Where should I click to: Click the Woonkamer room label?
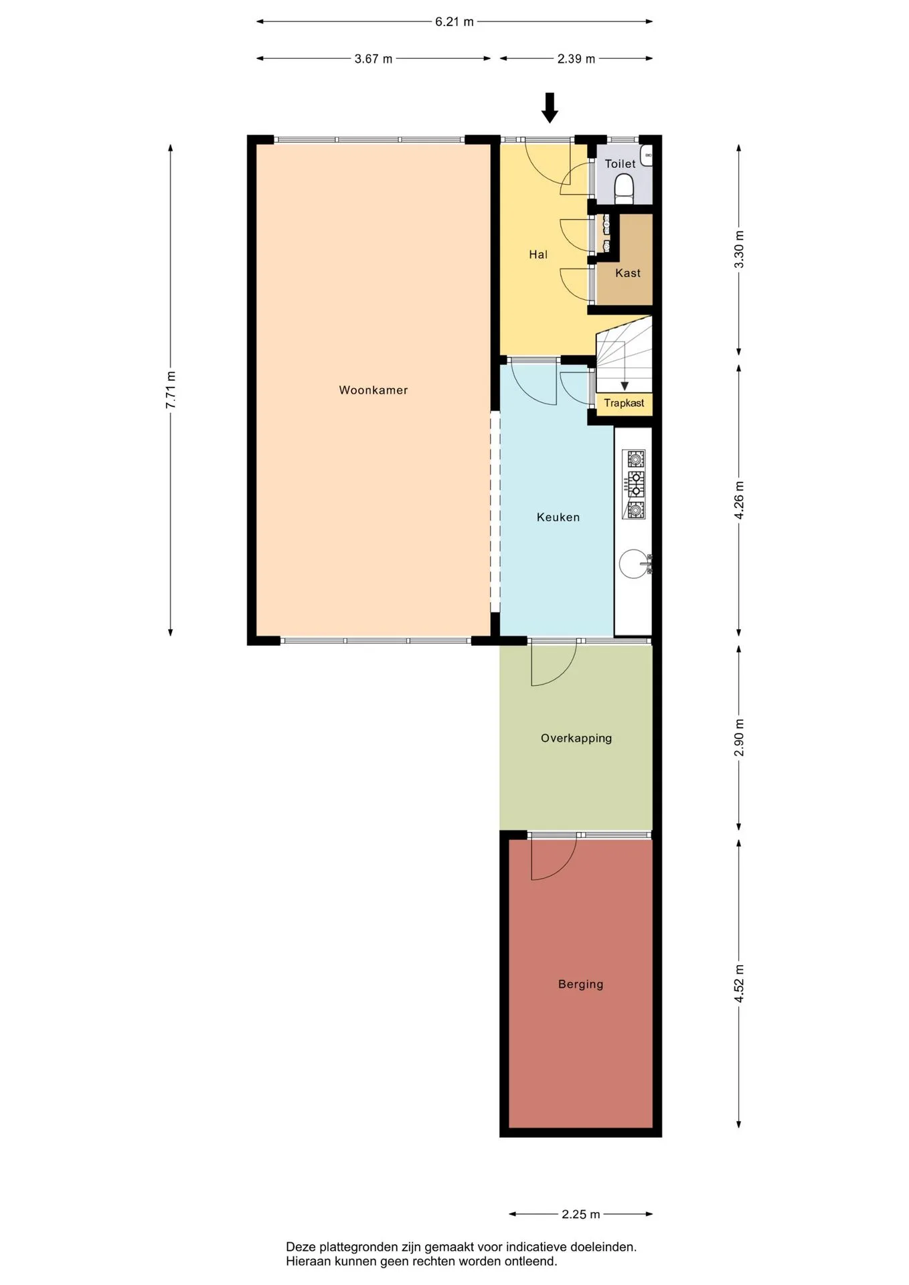373,390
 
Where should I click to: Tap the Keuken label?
558,517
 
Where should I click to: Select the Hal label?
538,254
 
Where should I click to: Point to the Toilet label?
621,164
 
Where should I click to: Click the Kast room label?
628,273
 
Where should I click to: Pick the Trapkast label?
624,403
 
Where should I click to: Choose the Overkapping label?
576,738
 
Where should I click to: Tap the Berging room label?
581,984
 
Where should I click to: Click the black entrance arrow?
550,108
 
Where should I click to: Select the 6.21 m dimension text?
454,22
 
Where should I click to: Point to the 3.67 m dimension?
374,59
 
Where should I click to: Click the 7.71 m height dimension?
171,390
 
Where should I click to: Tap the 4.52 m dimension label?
740,983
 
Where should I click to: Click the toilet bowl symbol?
624,189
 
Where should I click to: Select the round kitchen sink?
633,564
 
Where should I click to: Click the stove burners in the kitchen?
634,485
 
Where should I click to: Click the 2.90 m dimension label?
740,738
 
